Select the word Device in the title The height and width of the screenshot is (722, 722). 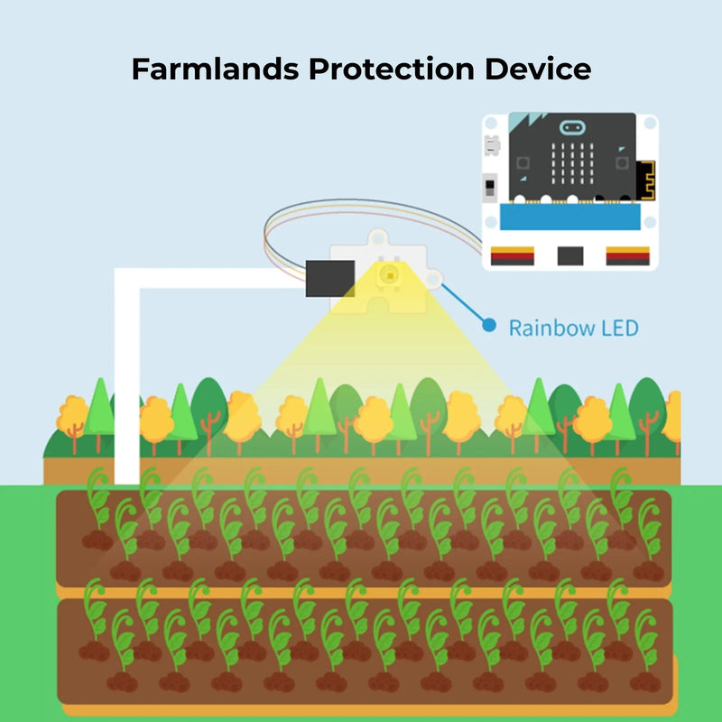pyautogui.click(x=539, y=69)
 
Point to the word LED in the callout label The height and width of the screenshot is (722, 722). pyautogui.click(x=618, y=327)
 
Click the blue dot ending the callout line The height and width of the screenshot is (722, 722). pyautogui.click(x=489, y=324)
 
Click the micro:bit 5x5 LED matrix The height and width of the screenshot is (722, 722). pyautogui.click(x=570, y=162)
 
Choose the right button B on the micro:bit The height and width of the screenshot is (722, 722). pyautogui.click(x=622, y=162)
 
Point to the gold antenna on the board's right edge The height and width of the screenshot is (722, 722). pyautogui.click(x=644, y=180)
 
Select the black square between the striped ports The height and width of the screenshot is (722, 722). pyautogui.click(x=570, y=256)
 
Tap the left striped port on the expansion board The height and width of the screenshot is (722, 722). pyautogui.click(x=513, y=256)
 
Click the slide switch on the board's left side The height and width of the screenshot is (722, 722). pyautogui.click(x=490, y=189)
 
